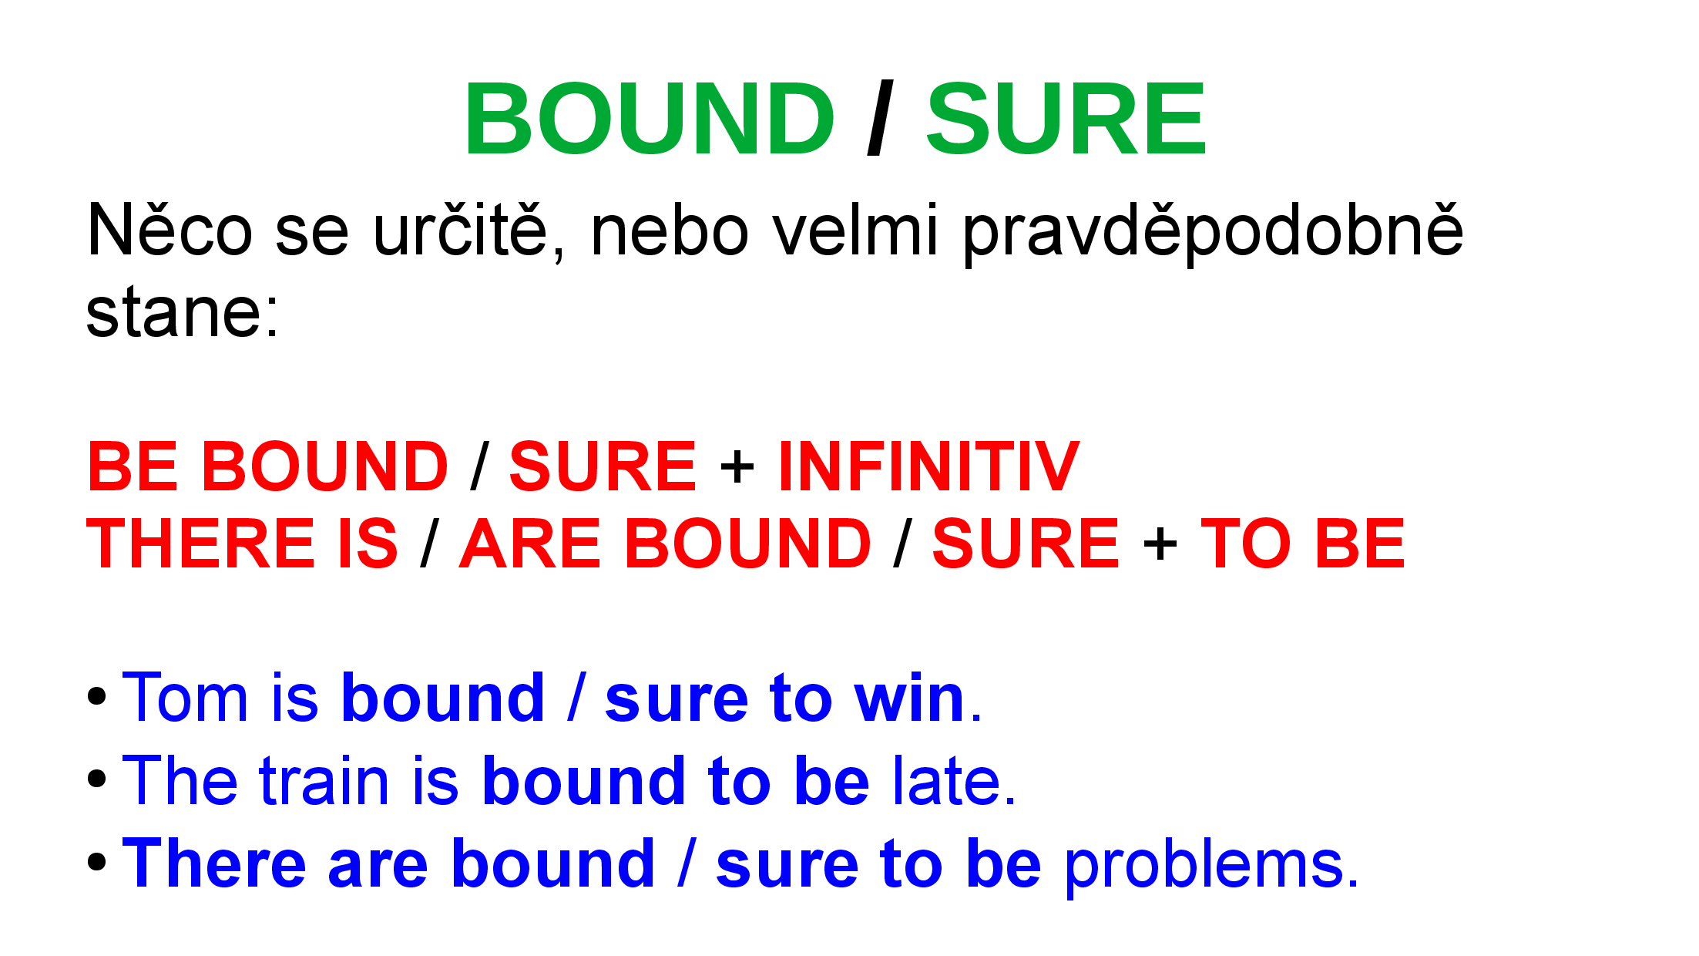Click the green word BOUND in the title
[x=650, y=119]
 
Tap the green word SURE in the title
[x=1066, y=119]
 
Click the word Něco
[x=170, y=230]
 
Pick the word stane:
[x=183, y=312]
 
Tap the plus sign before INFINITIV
[x=737, y=467]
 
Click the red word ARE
[x=529, y=544]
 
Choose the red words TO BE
[x=1303, y=544]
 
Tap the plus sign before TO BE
[x=1160, y=544]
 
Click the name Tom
[x=185, y=698]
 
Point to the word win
[x=909, y=698]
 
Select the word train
[x=324, y=781]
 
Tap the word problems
[x=1211, y=866]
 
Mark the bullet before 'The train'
[x=97, y=778]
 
